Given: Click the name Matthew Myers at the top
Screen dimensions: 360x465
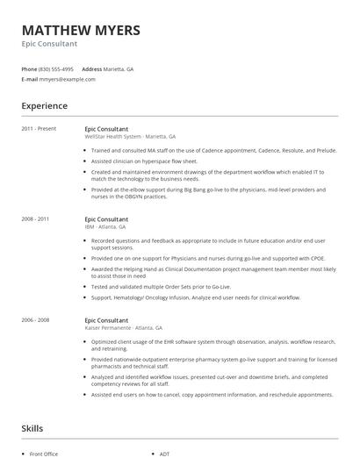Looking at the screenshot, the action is click(80, 30).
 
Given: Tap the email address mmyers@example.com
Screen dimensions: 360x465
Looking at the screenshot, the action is click(67, 79).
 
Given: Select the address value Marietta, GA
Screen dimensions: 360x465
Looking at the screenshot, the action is click(119, 68).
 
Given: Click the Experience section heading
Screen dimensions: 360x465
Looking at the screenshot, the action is click(44, 106).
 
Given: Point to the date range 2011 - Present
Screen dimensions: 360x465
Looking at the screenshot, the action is click(39, 129).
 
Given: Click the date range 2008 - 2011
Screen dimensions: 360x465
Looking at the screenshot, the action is click(36, 218).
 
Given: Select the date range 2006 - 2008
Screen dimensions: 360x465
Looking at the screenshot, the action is click(36, 320).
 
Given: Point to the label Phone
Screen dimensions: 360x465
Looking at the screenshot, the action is click(29, 68).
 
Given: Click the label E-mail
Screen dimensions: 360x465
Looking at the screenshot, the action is click(30, 79).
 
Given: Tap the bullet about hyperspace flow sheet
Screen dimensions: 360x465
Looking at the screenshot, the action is click(144, 161).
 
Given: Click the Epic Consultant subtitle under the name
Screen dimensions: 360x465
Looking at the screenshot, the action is click(49, 43).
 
